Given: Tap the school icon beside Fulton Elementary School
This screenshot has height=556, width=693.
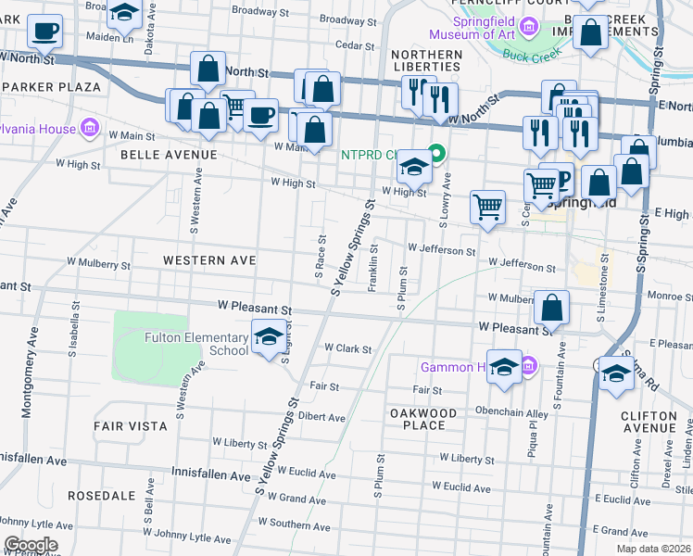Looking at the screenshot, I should (269, 339).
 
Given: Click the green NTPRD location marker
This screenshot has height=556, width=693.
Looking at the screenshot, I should (438, 154).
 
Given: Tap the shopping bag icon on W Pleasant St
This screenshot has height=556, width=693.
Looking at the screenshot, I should (551, 310).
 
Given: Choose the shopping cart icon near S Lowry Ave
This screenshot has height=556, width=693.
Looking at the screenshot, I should (487, 208).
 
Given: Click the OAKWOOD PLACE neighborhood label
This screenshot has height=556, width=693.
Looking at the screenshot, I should (424, 419).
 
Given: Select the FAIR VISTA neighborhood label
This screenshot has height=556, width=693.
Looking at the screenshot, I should (131, 426).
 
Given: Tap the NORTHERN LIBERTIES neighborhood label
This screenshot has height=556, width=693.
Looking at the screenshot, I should (426, 60).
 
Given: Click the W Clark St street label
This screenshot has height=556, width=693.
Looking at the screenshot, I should (347, 349).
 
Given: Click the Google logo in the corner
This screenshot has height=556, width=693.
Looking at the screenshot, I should (31, 545).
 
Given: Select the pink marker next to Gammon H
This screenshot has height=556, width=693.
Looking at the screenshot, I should (528, 367).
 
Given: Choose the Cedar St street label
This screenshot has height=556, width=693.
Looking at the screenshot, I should (355, 44).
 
